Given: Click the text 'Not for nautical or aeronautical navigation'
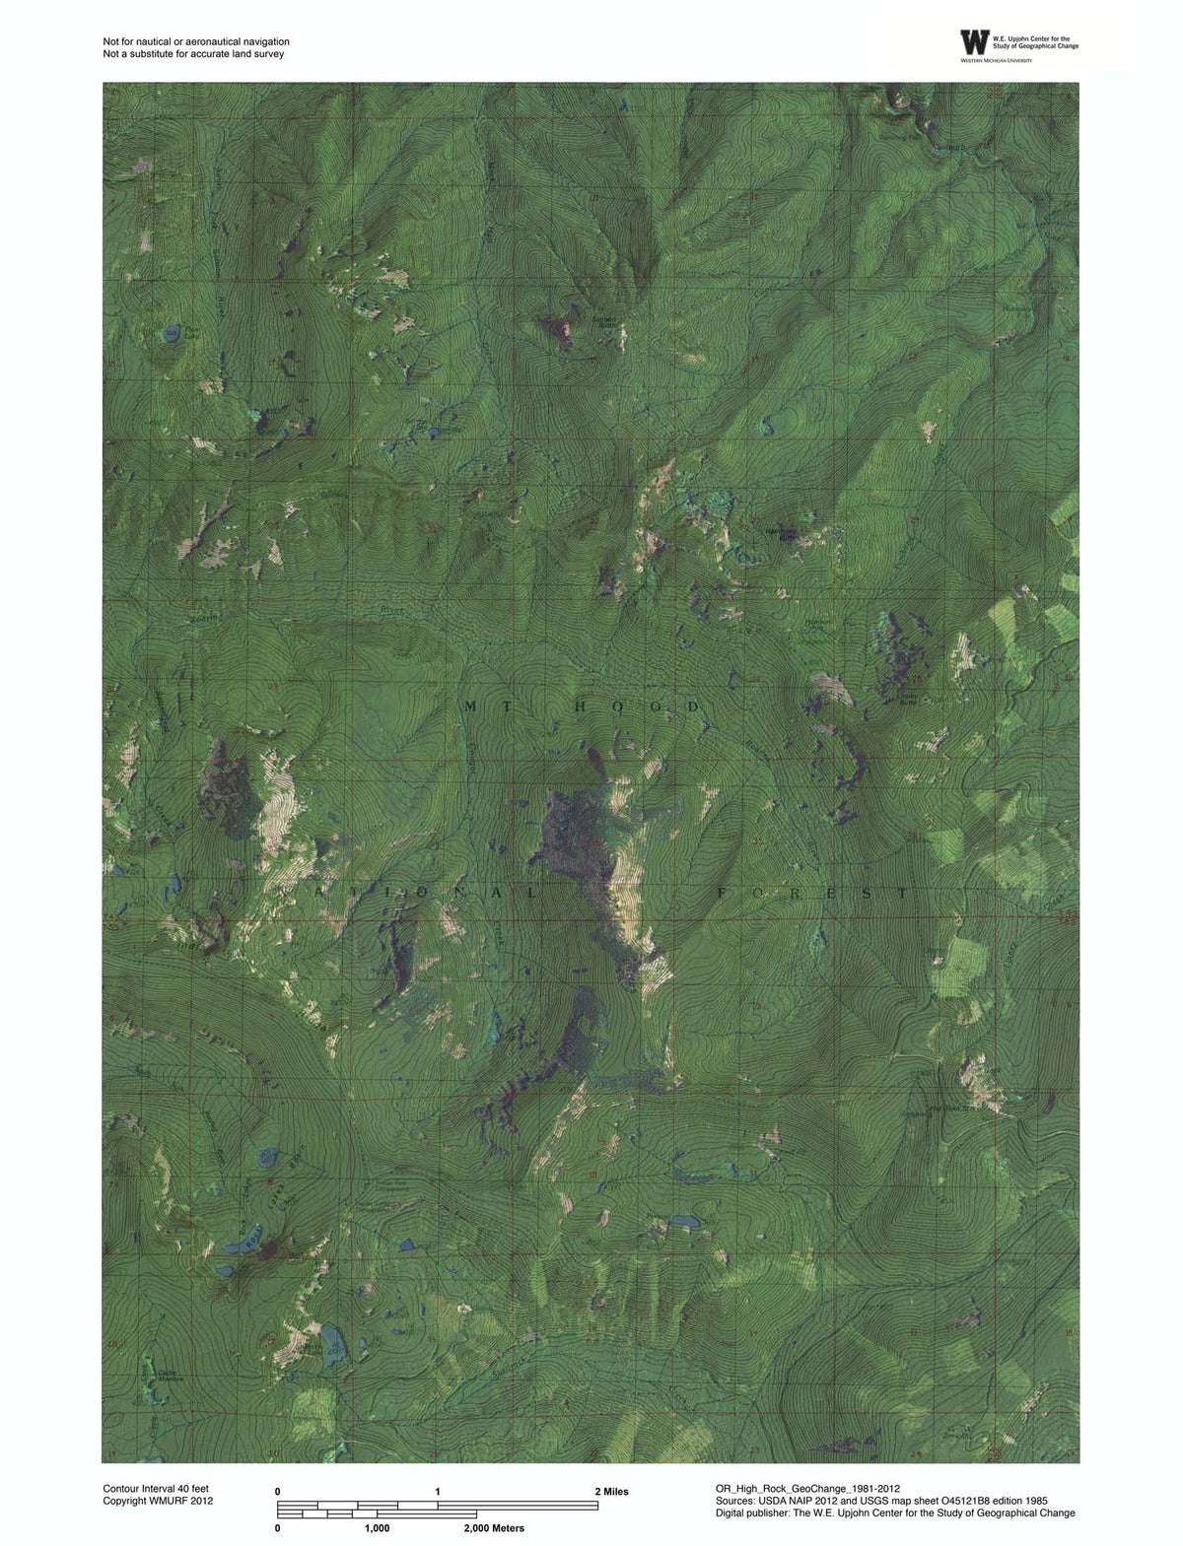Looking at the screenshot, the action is pyautogui.click(x=196, y=41).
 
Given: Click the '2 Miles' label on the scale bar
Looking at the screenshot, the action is pyautogui.click(x=611, y=1492).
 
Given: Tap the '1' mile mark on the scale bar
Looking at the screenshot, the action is pyautogui.click(x=437, y=1492).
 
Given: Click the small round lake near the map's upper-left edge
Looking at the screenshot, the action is pyautogui.click(x=173, y=335).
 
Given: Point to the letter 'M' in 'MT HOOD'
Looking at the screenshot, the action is pyautogui.click(x=471, y=707).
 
